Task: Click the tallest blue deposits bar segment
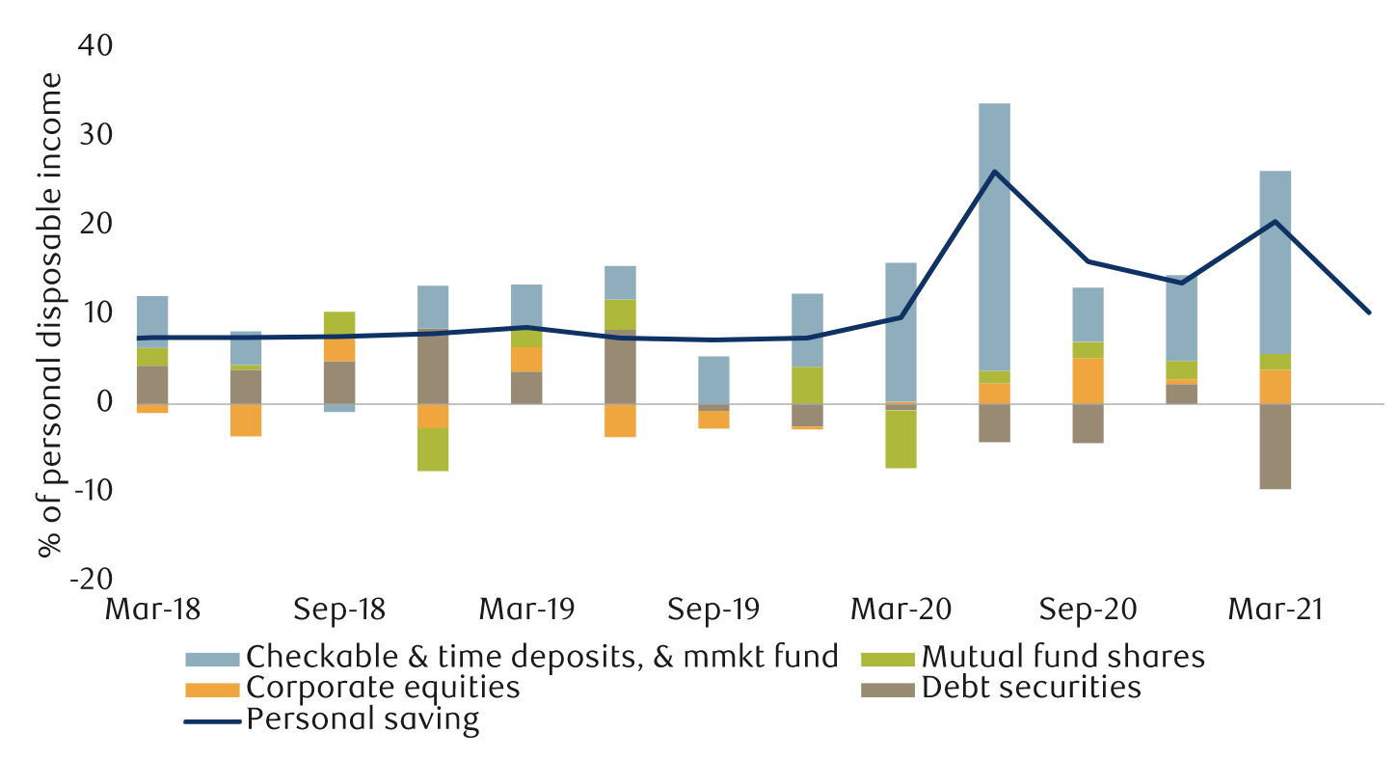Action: pyautogui.click(x=994, y=236)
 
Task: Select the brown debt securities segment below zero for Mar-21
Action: pyautogui.click(x=1275, y=446)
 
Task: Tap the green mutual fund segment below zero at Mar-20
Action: pyautogui.click(x=901, y=439)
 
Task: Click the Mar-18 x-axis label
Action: pyautogui.click(x=151, y=611)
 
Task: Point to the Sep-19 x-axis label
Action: pyautogui.click(x=712, y=611)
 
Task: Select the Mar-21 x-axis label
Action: pyautogui.click(x=1275, y=611)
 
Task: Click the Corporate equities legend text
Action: pyautogui.click(x=383, y=689)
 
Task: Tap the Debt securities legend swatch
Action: pyautogui.click(x=887, y=689)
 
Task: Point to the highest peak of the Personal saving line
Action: pyautogui.click(x=994, y=172)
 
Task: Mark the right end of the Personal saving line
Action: pyautogui.click(x=1368, y=312)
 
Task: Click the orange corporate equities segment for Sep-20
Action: pyautogui.click(x=1088, y=380)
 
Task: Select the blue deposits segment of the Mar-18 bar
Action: pyautogui.click(x=152, y=321)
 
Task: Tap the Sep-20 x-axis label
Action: pyautogui.click(x=1088, y=611)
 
